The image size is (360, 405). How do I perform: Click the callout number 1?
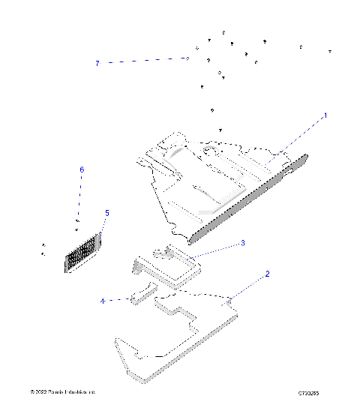click(325, 115)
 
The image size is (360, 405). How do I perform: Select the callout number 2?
click(267, 274)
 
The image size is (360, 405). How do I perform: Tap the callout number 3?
click(242, 243)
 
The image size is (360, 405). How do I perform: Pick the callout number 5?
click(106, 213)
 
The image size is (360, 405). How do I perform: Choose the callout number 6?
click(82, 170)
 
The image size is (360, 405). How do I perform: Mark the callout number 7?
click(97, 63)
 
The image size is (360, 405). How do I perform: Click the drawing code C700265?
click(309, 392)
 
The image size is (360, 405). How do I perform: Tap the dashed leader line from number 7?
click(142, 61)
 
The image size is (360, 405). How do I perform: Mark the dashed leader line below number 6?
click(81, 195)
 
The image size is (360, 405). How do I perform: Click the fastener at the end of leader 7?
click(187, 58)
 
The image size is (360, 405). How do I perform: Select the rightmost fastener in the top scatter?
click(330, 51)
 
